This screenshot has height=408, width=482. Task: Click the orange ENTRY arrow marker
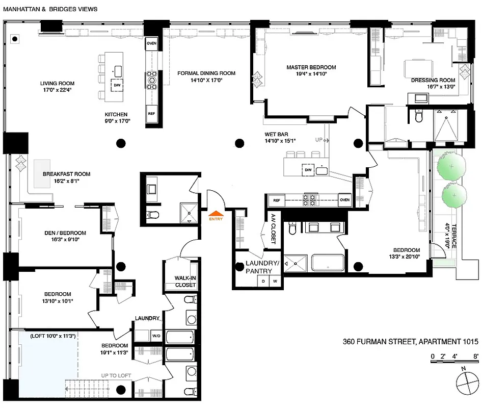[x=216, y=214]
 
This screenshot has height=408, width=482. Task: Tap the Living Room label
[x=58, y=84]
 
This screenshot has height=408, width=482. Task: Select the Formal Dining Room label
[x=206, y=73]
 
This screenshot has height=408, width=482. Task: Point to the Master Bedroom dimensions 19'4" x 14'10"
[x=311, y=74]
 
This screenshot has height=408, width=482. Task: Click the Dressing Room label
[x=433, y=80]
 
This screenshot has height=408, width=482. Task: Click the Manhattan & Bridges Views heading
[x=50, y=9]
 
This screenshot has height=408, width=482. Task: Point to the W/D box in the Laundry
[x=156, y=336]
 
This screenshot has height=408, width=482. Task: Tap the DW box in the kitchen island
[x=117, y=85]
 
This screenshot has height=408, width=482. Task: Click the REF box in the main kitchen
[x=151, y=113]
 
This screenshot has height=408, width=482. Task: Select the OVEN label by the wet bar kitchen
[x=345, y=200]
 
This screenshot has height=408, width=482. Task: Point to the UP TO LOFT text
[x=116, y=376]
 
